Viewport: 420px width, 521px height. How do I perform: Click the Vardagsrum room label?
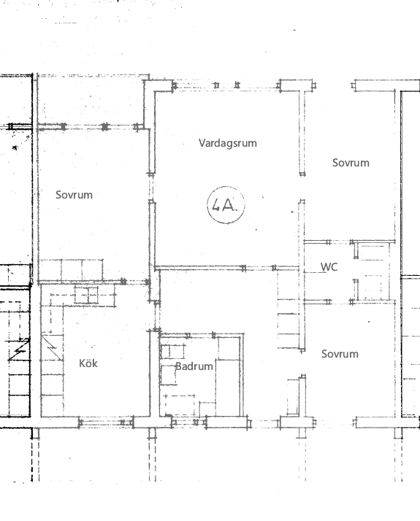point(228,143)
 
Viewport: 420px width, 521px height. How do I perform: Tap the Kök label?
point(88,363)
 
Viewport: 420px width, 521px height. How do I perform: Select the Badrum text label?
point(194,366)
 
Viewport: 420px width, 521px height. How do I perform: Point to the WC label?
point(329,267)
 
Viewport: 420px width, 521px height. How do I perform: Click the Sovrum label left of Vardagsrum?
point(74,195)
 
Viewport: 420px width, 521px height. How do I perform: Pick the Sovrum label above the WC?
point(351,163)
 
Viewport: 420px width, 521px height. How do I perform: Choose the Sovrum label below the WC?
point(340,354)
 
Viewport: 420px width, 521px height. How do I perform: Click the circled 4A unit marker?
point(226,205)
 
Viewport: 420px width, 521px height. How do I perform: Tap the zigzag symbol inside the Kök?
point(52,347)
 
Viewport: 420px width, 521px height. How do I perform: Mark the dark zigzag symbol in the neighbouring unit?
point(19,349)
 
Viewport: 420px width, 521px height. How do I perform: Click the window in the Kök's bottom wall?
point(107,422)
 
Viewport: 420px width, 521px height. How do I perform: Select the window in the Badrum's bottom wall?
point(189,422)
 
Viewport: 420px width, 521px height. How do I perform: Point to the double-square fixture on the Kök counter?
point(86,296)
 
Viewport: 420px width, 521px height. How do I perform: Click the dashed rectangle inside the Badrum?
point(180,406)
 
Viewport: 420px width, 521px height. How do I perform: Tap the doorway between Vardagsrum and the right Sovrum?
point(302,187)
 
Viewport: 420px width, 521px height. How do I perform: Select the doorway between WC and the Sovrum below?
point(340,301)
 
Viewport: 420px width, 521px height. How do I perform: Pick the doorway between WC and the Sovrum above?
point(340,242)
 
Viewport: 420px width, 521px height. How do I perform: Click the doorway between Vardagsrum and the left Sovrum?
point(152,188)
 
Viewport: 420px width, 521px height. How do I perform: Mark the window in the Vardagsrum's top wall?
point(226,85)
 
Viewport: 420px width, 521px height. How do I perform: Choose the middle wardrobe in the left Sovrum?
point(72,270)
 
